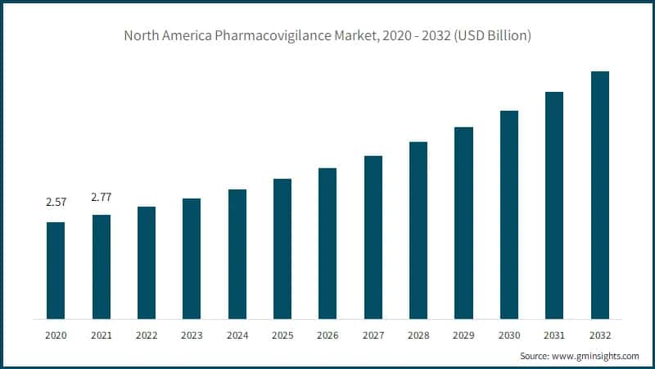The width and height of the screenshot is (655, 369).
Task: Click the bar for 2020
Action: tap(56, 271)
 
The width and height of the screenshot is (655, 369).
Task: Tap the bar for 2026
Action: tap(327, 244)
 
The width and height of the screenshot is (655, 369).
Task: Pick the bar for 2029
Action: tap(463, 223)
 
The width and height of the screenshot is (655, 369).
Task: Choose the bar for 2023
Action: tap(192, 258)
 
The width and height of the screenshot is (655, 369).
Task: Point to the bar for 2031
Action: tap(554, 205)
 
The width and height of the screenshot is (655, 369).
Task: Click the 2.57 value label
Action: tap(56, 202)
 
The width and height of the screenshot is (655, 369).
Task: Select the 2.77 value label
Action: tap(102, 197)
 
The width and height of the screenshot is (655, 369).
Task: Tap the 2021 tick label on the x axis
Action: tap(102, 335)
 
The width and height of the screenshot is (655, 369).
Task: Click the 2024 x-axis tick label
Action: tap(237, 335)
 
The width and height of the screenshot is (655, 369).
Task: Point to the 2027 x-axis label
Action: tap(373, 335)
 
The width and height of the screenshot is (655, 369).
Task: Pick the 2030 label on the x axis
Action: tap(509, 335)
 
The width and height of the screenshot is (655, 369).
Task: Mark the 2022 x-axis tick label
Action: tap(147, 335)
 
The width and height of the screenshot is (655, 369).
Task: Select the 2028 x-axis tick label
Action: tap(418, 335)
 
